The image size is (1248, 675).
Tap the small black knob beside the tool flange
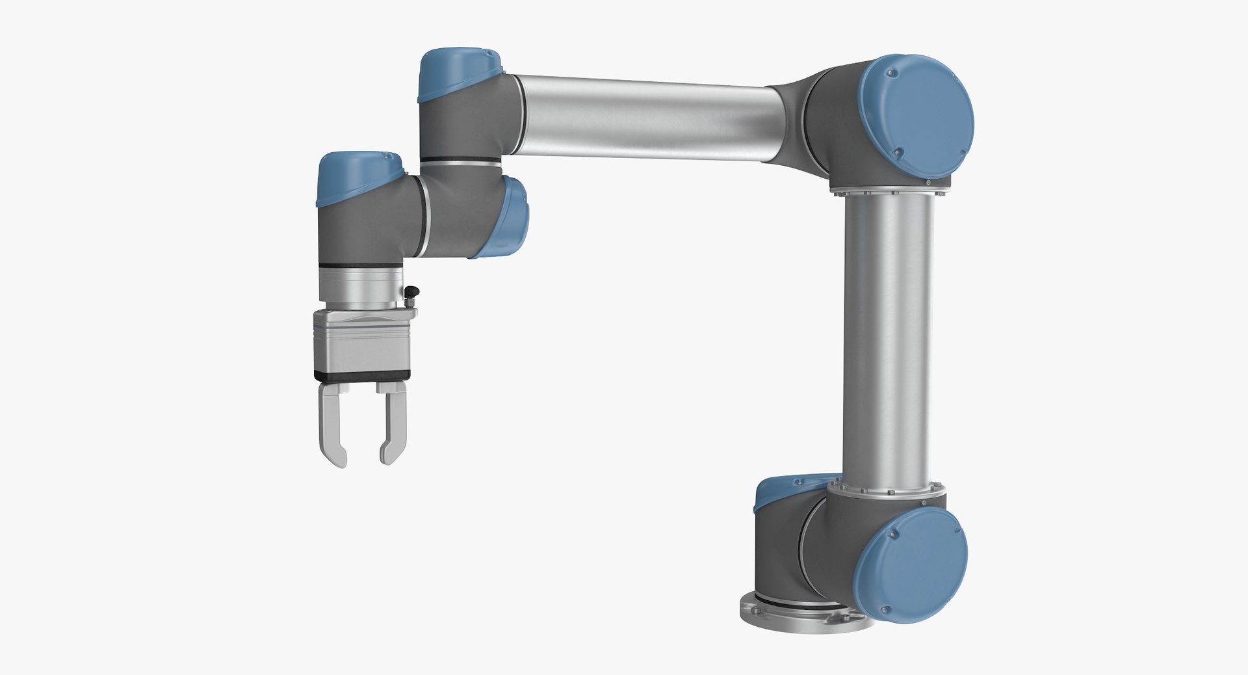click(x=411, y=293)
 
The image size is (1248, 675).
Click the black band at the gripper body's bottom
click(x=363, y=375)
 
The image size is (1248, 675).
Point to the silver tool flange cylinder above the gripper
click(x=359, y=286)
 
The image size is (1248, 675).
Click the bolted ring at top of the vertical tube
click(x=887, y=190)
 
